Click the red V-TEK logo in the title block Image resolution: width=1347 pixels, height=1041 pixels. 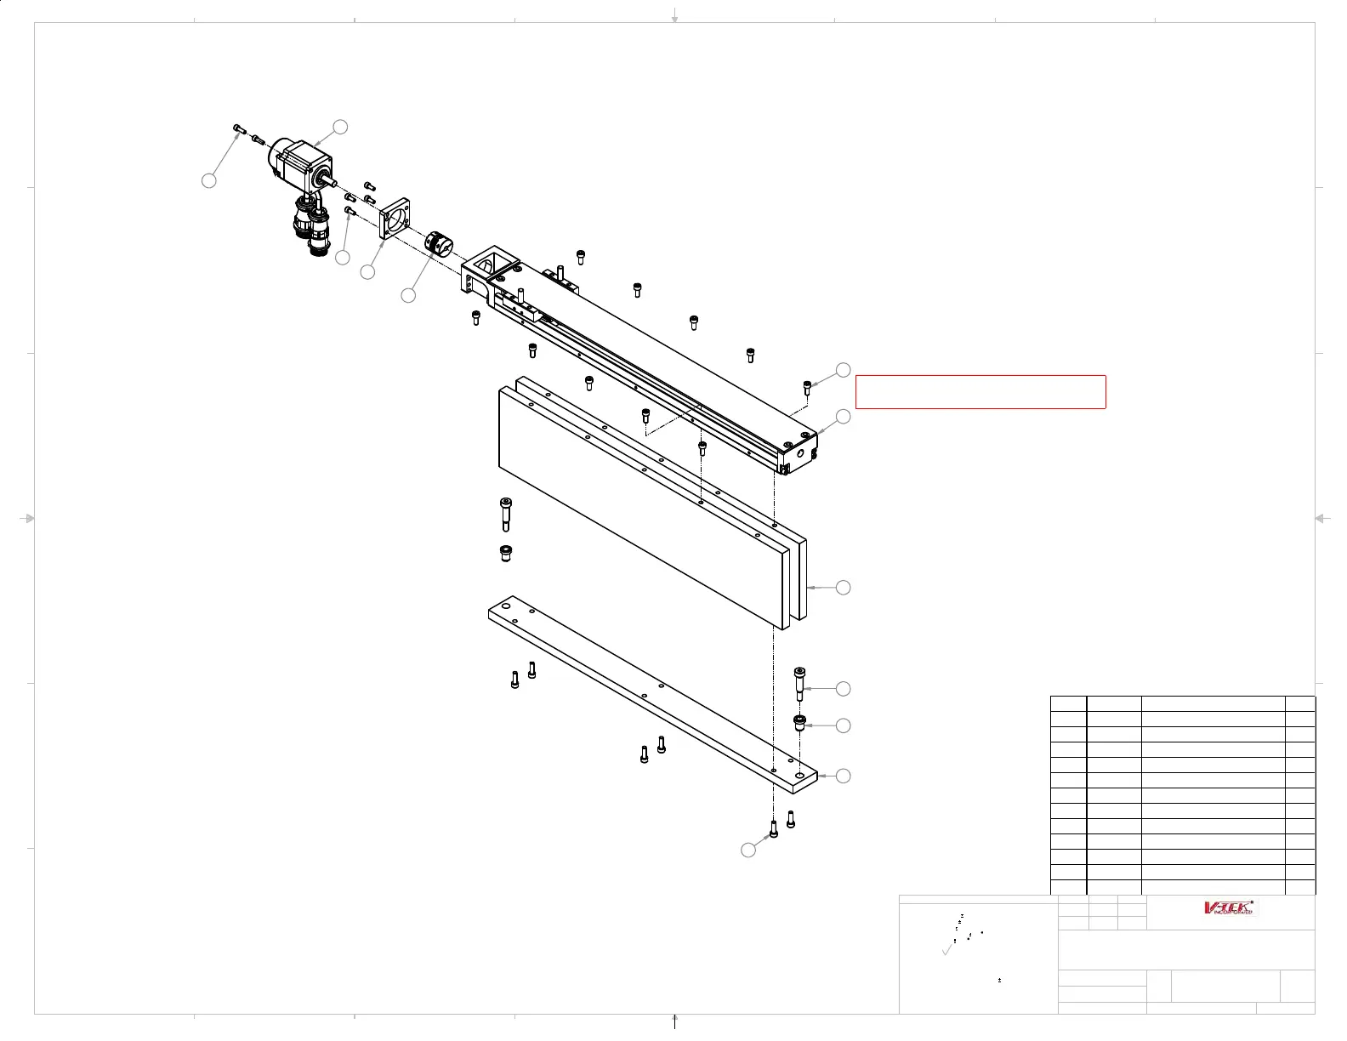point(1230,907)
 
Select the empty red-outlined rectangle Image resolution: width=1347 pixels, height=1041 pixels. point(980,392)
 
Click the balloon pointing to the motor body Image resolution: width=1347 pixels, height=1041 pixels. point(340,127)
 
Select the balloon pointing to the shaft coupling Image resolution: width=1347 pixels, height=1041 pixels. point(408,295)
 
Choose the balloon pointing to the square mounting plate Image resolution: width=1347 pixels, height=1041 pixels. point(367,272)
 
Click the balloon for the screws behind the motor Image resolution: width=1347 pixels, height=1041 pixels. point(208,180)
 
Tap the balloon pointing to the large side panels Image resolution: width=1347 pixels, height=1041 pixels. point(843,588)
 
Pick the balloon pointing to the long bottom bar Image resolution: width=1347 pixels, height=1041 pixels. point(843,776)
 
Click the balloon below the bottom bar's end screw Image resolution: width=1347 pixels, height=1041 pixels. point(748,850)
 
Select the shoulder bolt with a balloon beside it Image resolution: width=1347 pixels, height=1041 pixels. point(799,683)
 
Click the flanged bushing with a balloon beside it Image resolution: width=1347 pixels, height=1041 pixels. point(799,723)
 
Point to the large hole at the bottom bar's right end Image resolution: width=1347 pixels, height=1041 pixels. point(799,776)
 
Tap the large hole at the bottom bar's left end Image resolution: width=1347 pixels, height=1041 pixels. point(506,607)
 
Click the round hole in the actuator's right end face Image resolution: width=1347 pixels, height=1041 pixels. point(799,454)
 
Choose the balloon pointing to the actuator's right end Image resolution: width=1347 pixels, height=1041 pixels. point(843,416)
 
